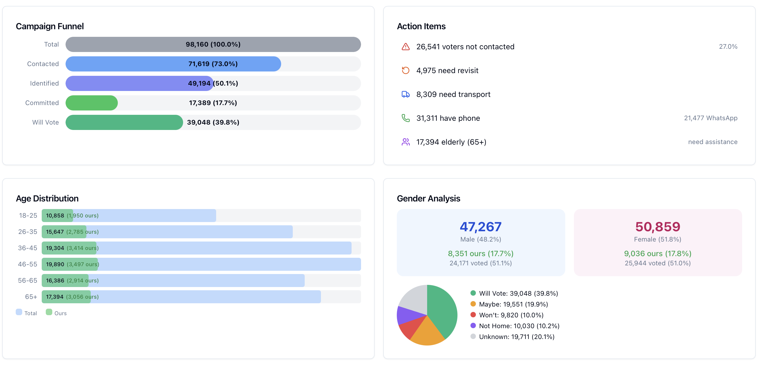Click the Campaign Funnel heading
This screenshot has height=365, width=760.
point(50,26)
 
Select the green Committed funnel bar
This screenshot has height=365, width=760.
point(92,103)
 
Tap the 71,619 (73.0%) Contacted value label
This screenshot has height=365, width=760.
point(213,64)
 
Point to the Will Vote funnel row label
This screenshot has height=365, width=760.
point(46,122)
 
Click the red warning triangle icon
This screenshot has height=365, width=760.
point(405,47)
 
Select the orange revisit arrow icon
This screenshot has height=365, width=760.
point(405,70)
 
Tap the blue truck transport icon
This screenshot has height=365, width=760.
point(405,94)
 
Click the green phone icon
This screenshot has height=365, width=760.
point(405,118)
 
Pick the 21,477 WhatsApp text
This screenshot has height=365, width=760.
point(710,118)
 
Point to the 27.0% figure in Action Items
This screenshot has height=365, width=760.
point(728,47)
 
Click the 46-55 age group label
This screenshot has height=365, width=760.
point(27,264)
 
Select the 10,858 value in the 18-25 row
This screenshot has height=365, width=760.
point(55,216)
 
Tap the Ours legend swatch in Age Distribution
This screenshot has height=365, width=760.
point(49,312)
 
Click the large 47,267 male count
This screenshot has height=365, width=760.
point(480,227)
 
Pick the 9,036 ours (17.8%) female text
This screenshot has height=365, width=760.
point(657,253)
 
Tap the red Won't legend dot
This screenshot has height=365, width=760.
point(473,315)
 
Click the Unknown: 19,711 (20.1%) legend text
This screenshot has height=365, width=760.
point(516,337)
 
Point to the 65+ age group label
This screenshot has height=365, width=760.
point(31,296)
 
